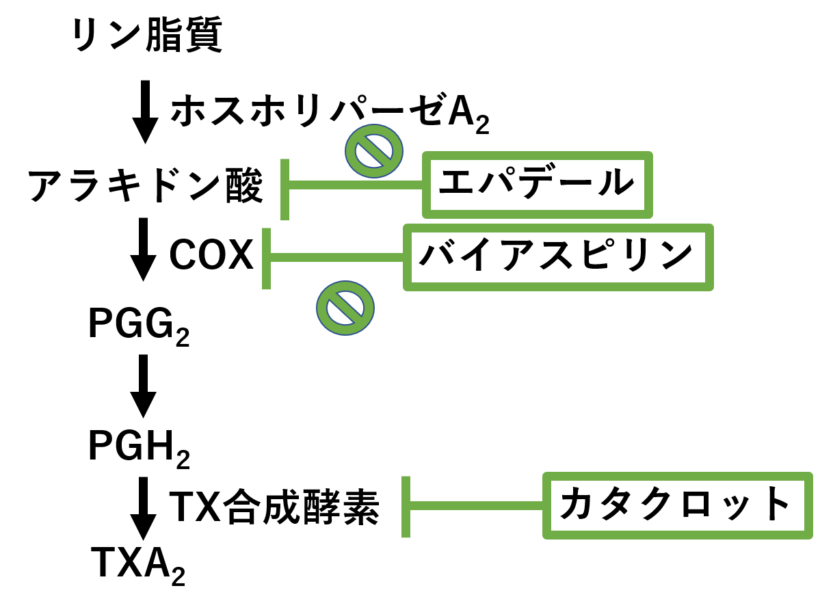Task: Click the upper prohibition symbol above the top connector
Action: point(374,151)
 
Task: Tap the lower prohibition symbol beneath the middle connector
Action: point(345,308)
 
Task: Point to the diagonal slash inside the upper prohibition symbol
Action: point(374,151)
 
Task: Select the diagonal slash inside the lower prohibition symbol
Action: point(345,308)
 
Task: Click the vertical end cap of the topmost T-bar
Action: point(285,189)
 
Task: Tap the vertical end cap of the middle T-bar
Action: point(266,258)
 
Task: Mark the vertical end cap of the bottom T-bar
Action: point(406,507)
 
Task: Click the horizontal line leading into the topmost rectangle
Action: point(356,185)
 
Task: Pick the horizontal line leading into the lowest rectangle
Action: point(477,506)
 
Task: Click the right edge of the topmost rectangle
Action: point(648,185)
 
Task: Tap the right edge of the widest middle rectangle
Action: point(709,257)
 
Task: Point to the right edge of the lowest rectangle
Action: point(808,505)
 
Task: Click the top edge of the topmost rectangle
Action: point(538,156)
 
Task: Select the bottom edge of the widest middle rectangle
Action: point(558,287)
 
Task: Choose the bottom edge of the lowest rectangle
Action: point(678,535)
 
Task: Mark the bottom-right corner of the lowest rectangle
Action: point(808,535)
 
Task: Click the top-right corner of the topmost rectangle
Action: point(648,156)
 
